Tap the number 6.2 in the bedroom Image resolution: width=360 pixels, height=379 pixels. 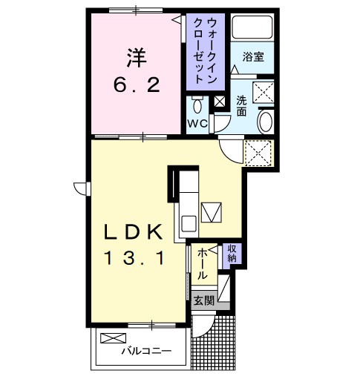137,85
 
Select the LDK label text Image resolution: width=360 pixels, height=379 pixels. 134,232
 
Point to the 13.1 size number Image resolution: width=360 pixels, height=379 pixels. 134,260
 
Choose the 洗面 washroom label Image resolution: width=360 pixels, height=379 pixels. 242,105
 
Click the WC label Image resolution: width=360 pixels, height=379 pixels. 197,123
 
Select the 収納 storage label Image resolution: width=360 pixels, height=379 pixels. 232,254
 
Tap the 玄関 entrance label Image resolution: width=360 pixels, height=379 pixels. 204,300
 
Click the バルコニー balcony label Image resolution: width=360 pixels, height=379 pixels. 146,352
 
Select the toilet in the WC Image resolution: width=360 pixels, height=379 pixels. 197,103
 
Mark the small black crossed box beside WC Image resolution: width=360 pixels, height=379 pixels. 219,102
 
